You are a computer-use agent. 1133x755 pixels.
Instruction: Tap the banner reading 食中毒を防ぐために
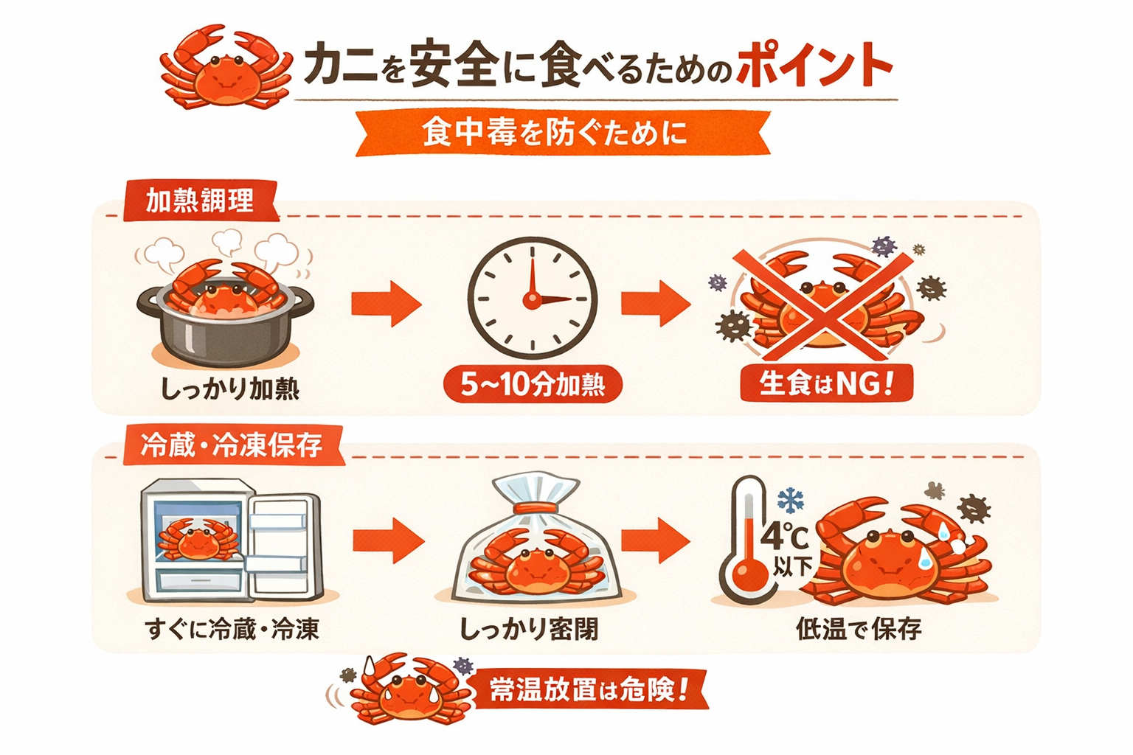555,133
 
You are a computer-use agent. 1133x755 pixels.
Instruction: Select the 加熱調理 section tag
200,201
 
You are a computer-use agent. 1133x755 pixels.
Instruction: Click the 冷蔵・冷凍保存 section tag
232,445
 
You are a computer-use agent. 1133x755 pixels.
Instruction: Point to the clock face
532,298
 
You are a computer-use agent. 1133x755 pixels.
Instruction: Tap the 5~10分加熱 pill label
533,384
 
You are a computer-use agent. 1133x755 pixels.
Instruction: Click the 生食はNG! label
826,383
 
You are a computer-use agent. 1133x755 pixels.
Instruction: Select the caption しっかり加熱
230,389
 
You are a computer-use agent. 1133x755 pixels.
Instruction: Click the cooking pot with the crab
225,317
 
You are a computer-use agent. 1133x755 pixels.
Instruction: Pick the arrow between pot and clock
385,302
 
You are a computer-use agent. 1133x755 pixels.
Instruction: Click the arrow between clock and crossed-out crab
655,302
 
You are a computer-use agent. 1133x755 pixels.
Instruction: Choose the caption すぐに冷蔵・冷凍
232,629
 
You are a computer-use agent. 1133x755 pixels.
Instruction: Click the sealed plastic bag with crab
537,542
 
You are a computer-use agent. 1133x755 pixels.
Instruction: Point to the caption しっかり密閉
529,629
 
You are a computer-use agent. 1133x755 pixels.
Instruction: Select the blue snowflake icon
790,500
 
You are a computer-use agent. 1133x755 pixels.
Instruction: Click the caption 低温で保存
859,629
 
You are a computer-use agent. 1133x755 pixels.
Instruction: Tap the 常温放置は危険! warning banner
588,690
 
